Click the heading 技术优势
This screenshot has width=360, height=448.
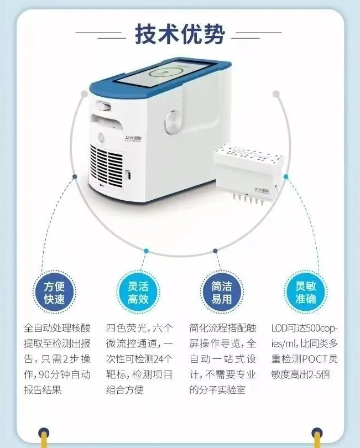180,34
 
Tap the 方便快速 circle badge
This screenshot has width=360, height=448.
54,293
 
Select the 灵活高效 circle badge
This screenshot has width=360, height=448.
138,292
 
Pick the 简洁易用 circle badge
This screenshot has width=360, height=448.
222,292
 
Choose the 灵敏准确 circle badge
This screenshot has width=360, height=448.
305,292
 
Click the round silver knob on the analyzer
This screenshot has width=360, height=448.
173,122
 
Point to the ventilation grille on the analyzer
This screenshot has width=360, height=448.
107,166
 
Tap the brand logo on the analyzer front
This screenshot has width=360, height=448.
133,139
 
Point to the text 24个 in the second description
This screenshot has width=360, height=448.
164,359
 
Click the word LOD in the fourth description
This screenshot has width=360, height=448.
279,329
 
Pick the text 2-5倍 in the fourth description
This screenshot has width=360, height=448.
320,374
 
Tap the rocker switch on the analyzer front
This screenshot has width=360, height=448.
103,106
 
